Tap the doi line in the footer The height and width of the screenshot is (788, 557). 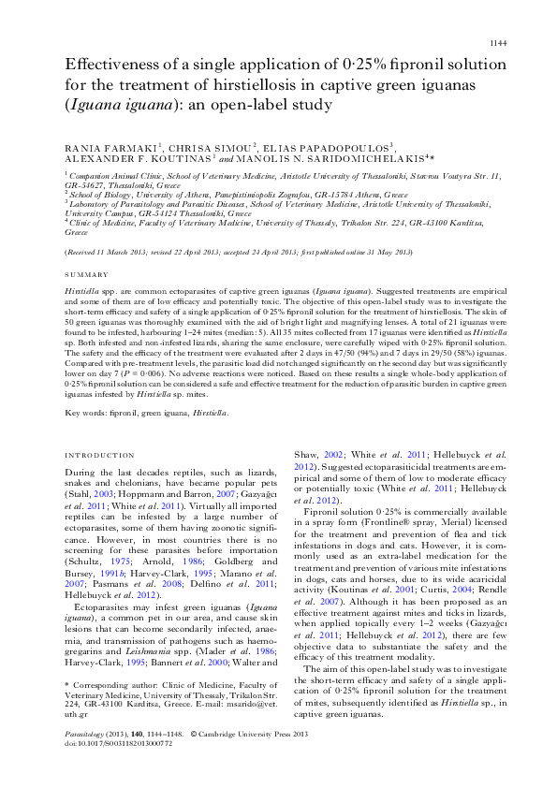[x=118, y=767]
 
